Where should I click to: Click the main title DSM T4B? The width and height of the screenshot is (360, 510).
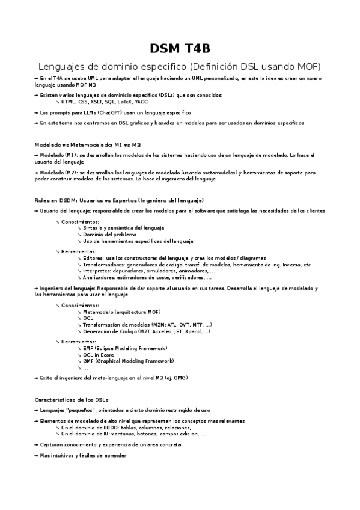(180, 48)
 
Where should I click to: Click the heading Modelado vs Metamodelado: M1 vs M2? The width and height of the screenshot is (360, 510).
(88, 145)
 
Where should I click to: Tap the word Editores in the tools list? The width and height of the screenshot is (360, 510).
(93, 258)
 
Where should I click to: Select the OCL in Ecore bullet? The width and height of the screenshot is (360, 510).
(99, 355)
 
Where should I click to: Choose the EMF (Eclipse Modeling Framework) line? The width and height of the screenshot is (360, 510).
(124, 348)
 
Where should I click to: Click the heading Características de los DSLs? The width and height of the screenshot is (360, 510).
(72, 400)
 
